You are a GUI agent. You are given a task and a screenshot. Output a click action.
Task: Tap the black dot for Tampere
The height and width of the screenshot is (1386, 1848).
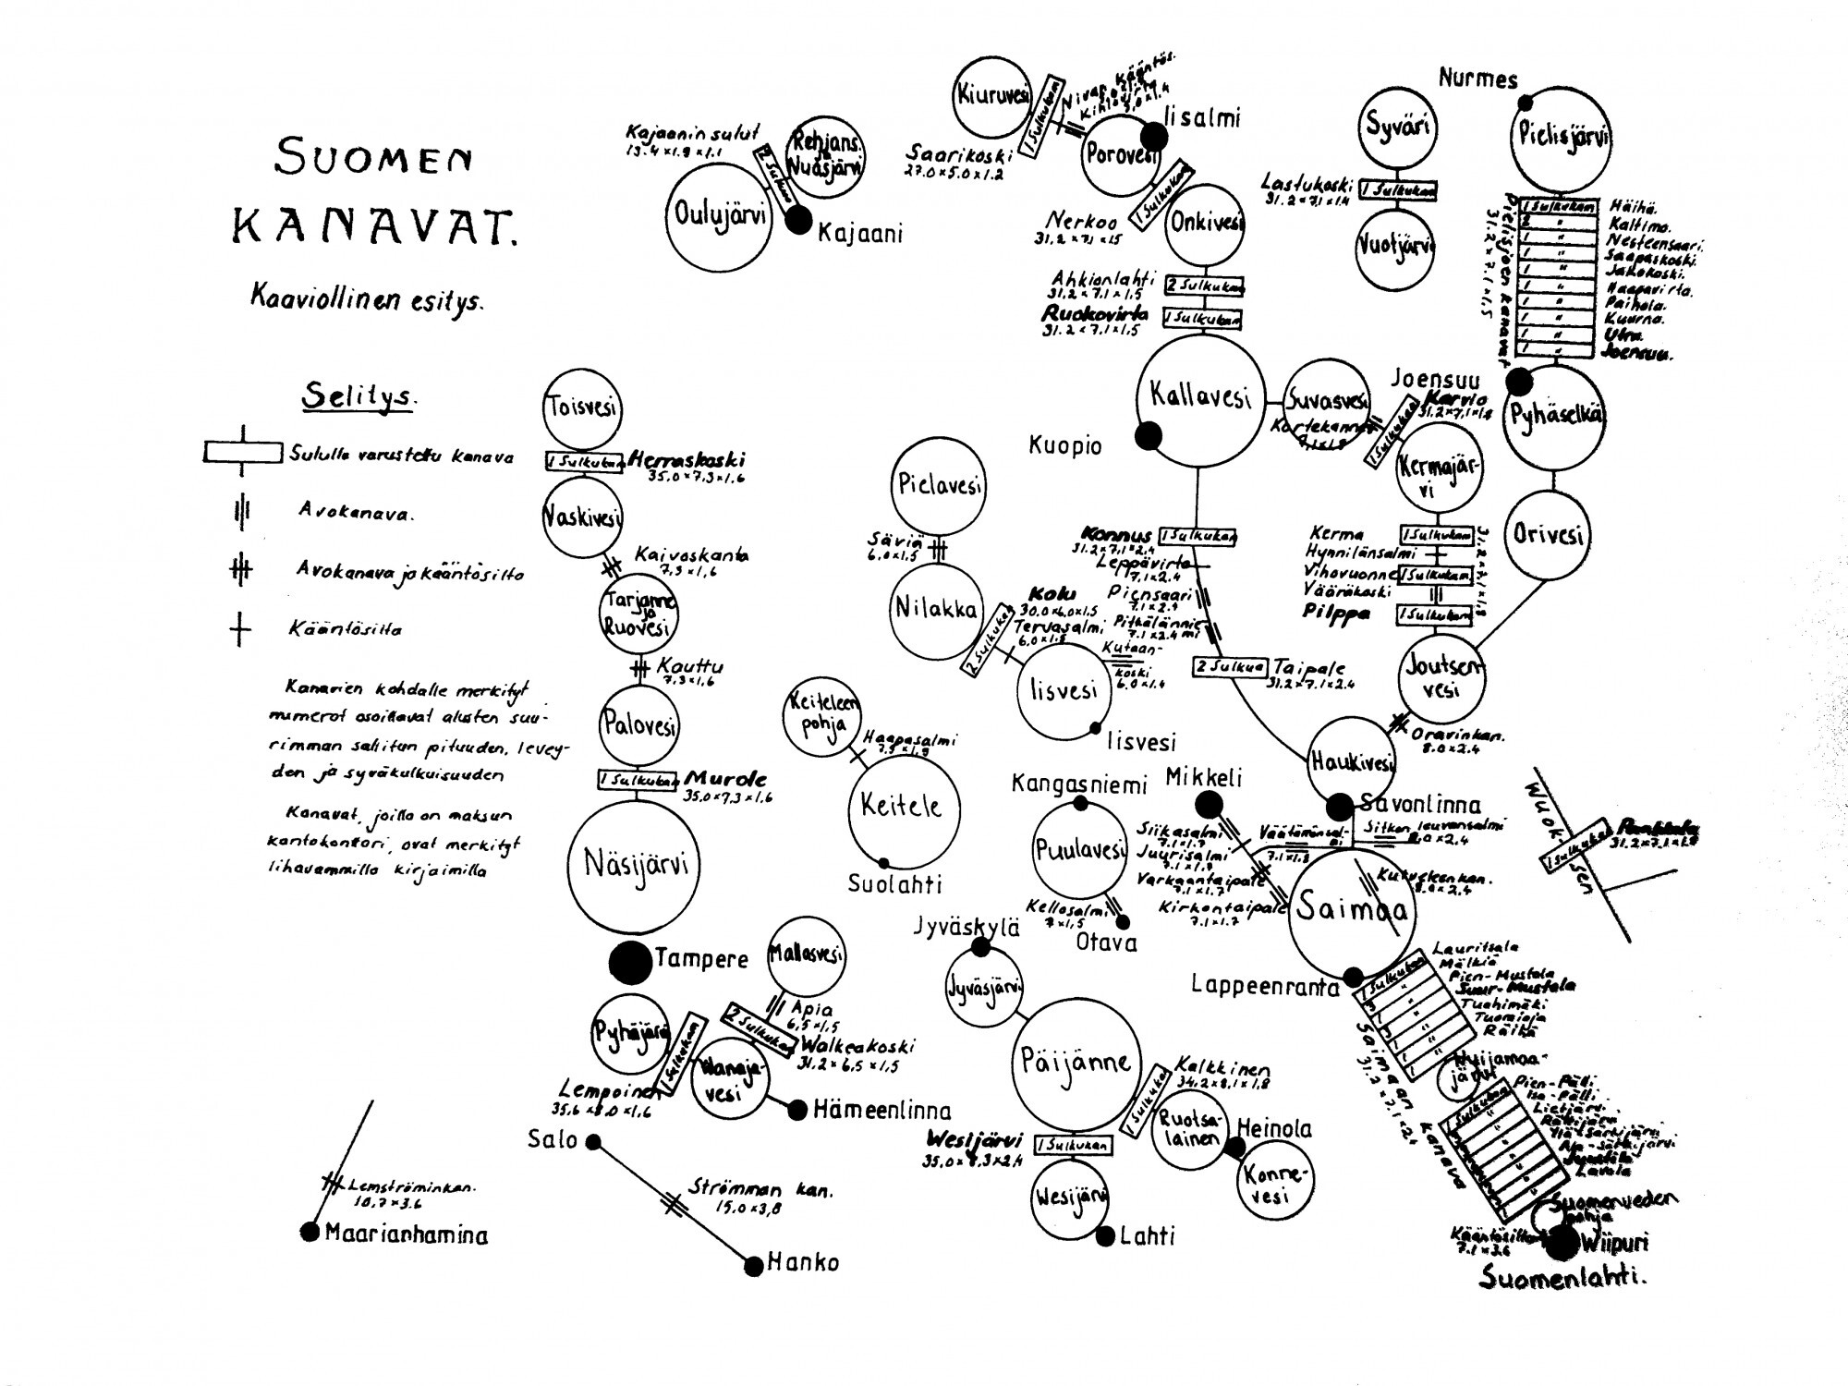630,962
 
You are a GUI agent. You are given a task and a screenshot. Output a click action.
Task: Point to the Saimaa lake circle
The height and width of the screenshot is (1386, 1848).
1352,911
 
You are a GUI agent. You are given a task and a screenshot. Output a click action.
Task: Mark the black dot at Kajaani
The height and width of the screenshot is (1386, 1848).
798,220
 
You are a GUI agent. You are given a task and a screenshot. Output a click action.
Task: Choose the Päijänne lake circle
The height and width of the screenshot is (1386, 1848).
1076,1064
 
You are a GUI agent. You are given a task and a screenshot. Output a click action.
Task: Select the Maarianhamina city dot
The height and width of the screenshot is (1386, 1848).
310,1232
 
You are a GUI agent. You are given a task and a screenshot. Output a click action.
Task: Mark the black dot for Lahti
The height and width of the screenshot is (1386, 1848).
1106,1236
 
